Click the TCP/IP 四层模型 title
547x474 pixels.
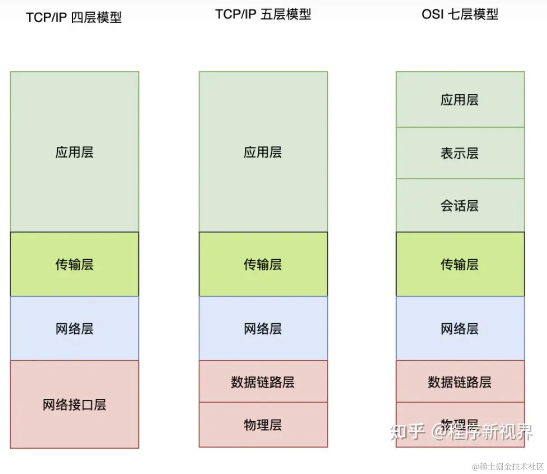click(74, 18)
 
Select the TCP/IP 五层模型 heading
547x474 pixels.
click(263, 14)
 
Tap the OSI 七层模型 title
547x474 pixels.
click(460, 14)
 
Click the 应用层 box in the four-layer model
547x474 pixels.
click(74, 152)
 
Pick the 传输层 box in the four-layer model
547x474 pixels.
click(74, 264)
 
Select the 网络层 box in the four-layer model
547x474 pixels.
click(74, 328)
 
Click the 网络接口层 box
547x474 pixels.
click(74, 404)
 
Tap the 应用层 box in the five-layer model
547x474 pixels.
click(263, 152)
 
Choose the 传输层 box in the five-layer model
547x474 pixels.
click(263, 264)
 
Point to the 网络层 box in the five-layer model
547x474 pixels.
click(263, 328)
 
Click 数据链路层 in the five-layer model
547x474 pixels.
click(263, 382)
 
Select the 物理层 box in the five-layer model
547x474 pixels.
click(263, 424)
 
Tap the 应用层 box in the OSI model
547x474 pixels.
click(460, 100)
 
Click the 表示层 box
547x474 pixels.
click(460, 153)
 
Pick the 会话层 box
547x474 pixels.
click(460, 205)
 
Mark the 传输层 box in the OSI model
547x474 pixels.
click(460, 264)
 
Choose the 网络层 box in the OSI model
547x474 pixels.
click(460, 328)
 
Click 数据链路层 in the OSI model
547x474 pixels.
click(460, 382)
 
